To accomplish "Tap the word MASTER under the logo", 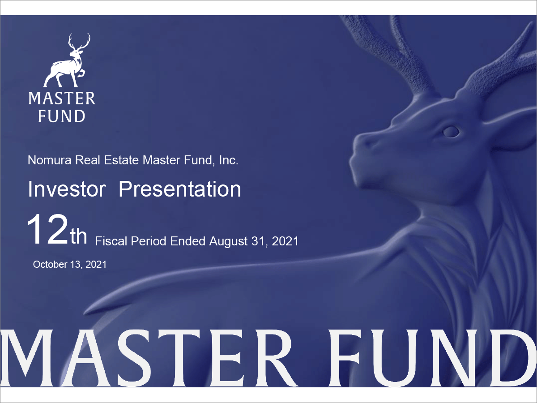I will tap(62, 99).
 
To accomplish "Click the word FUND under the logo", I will tap(62, 116).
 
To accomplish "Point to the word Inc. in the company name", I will tap(228, 160).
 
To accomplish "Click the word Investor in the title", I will tap(67, 189).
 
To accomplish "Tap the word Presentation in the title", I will tap(180, 189).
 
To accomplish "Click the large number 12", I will tap(47, 230).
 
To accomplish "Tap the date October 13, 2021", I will tap(70, 264).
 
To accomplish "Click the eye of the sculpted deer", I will tap(451, 131).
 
